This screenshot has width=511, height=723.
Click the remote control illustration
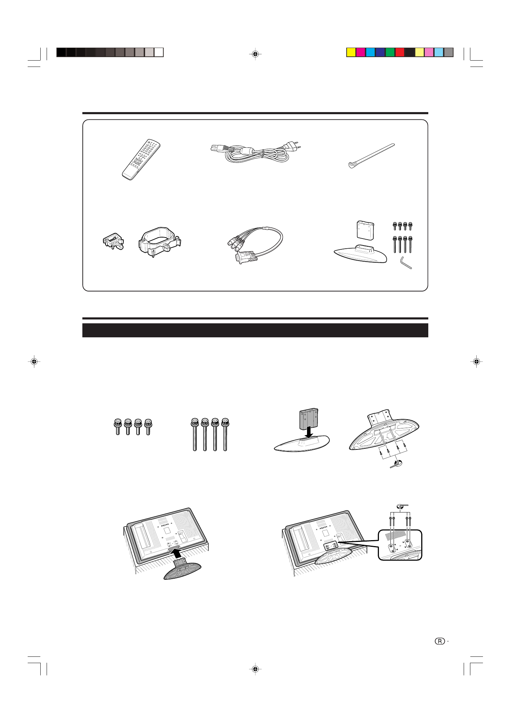pyautogui.click(x=141, y=160)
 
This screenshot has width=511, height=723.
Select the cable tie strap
pyautogui.click(x=372, y=155)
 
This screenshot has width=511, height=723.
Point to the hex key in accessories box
pyautogui.click(x=406, y=263)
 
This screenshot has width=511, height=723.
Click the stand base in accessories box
pyautogui.click(x=360, y=254)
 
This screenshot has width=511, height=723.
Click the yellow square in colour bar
pyautogui.click(x=351, y=53)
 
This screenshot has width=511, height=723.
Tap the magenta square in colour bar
pyautogui.click(x=361, y=53)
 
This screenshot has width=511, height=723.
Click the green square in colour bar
pyautogui.click(x=390, y=53)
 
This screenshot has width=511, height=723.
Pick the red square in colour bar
pyautogui.click(x=400, y=53)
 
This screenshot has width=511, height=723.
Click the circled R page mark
pyautogui.click(x=440, y=641)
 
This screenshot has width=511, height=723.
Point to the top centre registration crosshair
pyautogui.click(x=255, y=54)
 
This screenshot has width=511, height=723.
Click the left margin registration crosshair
pyautogui.click(x=34, y=361)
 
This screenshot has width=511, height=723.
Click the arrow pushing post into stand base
pyautogui.click(x=309, y=431)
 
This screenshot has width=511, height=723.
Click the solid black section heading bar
pyautogui.click(x=255, y=330)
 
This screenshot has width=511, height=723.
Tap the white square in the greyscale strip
pyautogui.click(x=159, y=53)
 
